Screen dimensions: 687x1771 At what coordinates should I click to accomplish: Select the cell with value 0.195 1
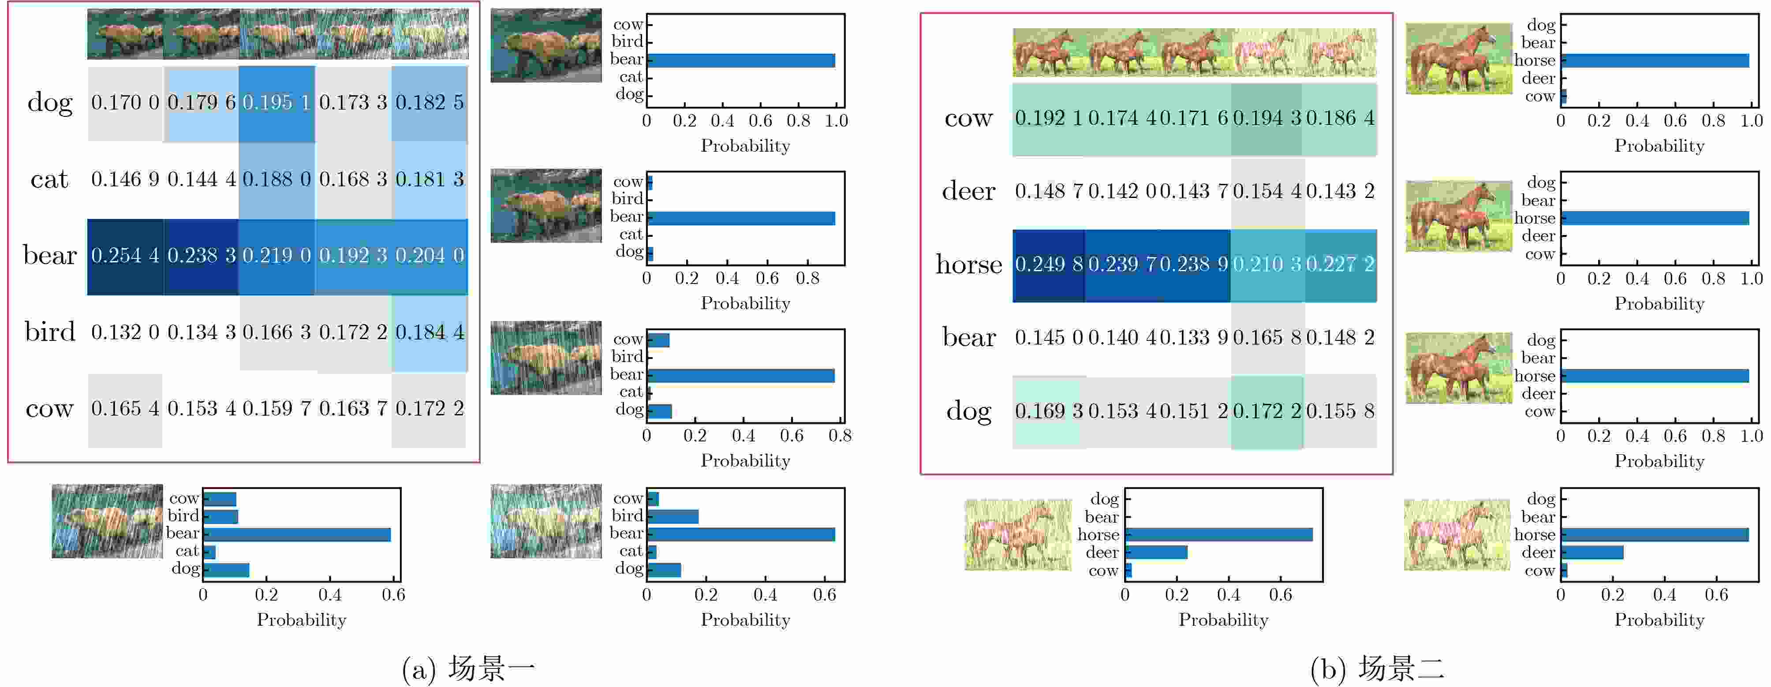point(276,102)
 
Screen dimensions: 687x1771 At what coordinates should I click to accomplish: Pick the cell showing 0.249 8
point(1048,264)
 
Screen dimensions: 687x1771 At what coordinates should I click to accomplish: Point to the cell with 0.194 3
point(1267,118)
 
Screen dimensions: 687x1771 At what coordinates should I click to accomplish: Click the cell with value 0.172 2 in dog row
point(1267,411)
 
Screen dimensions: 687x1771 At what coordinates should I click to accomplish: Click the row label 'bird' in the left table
point(49,332)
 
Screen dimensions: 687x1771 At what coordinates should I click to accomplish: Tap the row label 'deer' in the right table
point(968,191)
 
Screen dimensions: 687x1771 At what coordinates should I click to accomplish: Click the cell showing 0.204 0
point(429,256)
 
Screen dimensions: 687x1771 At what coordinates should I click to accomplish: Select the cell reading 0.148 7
point(1048,191)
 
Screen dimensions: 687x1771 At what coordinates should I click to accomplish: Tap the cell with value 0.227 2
point(1340,264)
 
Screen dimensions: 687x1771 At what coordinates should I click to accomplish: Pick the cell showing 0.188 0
point(276,179)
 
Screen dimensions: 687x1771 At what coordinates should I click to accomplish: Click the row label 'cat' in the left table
point(49,179)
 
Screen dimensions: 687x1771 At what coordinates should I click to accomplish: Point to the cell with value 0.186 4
point(1340,118)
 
